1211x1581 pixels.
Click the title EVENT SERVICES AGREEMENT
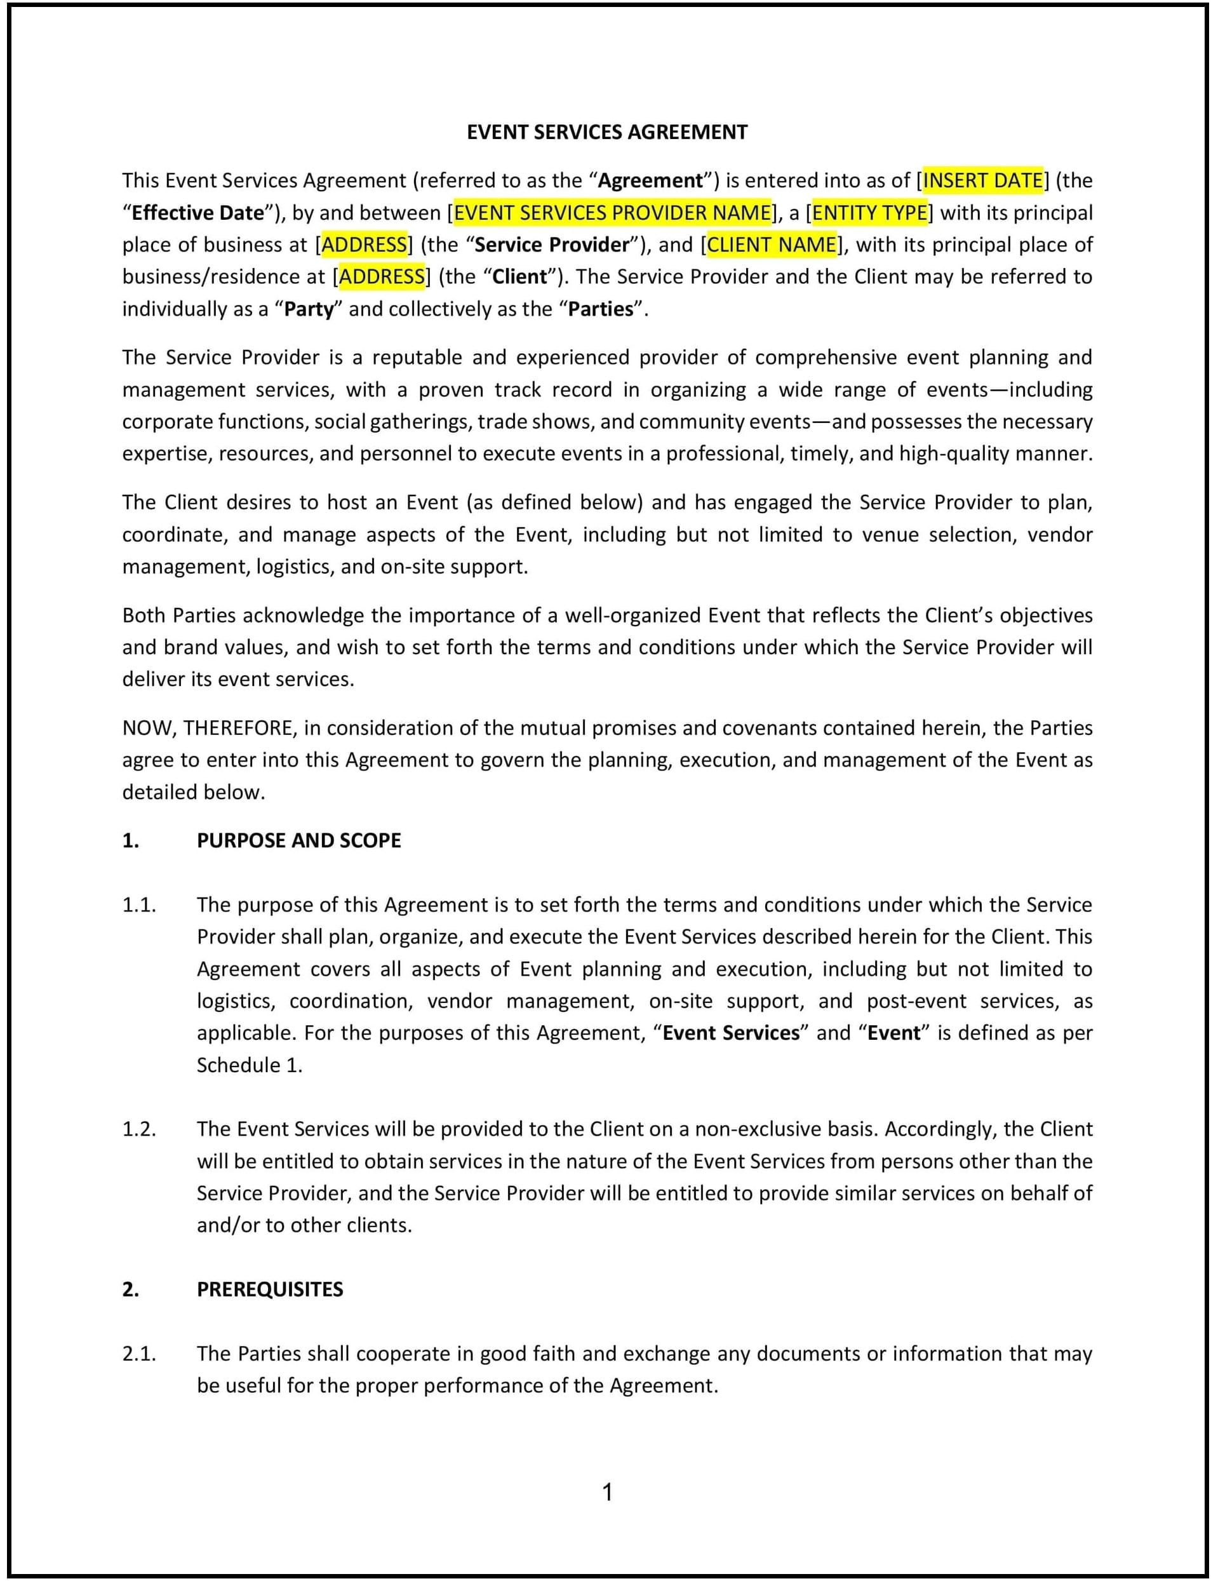(x=607, y=133)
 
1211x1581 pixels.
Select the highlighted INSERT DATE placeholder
(x=982, y=180)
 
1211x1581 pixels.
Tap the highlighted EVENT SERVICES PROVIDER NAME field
(x=612, y=213)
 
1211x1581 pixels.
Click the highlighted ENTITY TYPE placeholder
(x=869, y=213)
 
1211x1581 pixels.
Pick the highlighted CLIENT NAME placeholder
(x=772, y=245)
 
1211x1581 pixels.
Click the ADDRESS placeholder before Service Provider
(x=364, y=245)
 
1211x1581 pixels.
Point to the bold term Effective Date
(x=198, y=213)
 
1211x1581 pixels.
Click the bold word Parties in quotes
(x=601, y=309)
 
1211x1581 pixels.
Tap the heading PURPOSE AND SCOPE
(x=298, y=840)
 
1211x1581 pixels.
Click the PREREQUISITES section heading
(x=270, y=1289)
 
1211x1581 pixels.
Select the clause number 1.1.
(x=139, y=905)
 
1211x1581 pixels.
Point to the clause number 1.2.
(x=139, y=1129)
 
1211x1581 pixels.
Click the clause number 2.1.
(x=139, y=1353)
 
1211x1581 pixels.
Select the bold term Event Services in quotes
(x=731, y=1033)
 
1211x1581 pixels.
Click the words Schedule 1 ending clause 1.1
(x=249, y=1065)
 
